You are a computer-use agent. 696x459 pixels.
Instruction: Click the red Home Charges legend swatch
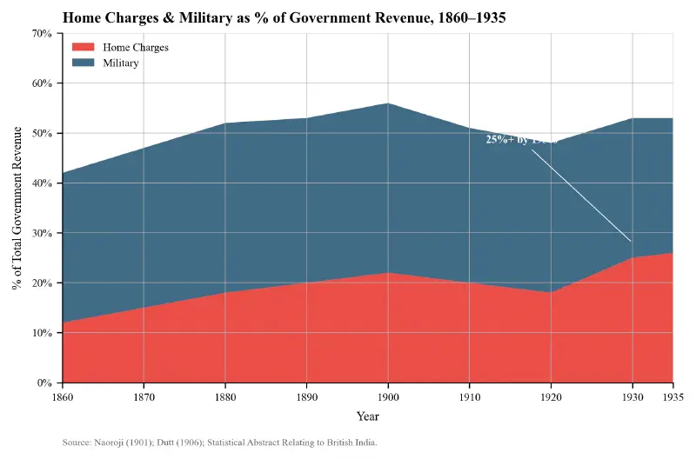tap(83, 47)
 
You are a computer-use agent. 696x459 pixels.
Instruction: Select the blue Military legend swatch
tap(83, 63)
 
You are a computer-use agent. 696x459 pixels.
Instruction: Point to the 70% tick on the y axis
tap(42, 33)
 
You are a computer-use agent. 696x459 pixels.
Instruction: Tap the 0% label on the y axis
tap(44, 383)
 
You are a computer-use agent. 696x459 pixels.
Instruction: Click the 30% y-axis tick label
tap(42, 233)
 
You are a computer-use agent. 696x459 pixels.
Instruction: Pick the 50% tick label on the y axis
tap(42, 133)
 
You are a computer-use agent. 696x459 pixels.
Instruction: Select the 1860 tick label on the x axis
tap(63, 396)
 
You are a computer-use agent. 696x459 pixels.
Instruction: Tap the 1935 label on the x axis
tap(673, 396)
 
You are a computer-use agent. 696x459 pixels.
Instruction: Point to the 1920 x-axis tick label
tap(551, 396)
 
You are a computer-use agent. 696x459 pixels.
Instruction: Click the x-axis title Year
tap(367, 417)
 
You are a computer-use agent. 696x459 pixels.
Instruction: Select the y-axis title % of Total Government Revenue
tap(18, 208)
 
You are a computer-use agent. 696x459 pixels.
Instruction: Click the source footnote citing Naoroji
tap(219, 443)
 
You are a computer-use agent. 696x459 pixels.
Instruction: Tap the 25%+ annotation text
tap(520, 139)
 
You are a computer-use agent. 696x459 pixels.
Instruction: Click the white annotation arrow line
tap(581, 196)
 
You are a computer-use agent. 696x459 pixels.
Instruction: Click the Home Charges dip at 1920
tap(551, 293)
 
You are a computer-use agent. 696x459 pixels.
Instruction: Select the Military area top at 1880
tap(225, 123)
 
